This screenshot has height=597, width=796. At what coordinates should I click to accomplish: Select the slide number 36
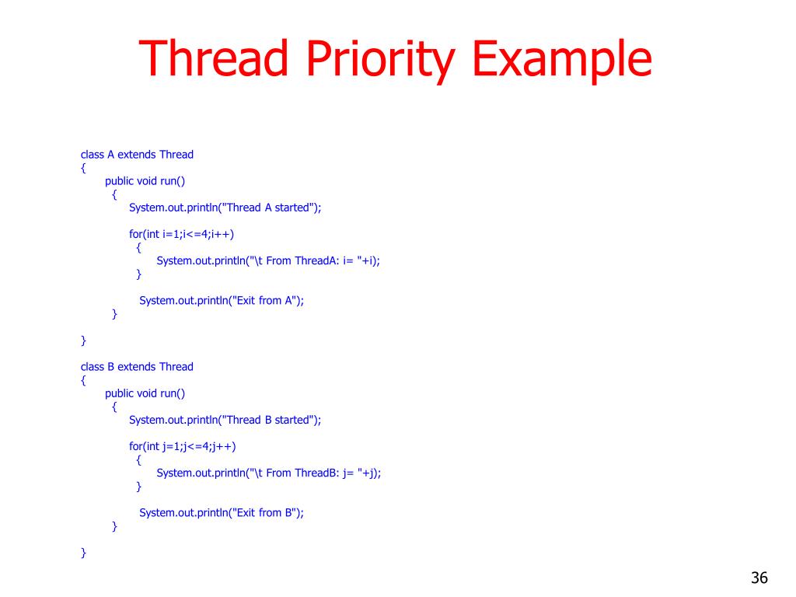(759, 578)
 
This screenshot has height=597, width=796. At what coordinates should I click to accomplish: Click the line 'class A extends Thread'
(137, 154)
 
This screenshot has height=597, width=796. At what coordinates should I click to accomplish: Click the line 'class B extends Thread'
(137, 366)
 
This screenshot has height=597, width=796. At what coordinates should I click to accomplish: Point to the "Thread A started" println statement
(225, 207)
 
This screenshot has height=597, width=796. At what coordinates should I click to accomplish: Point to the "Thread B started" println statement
(225, 419)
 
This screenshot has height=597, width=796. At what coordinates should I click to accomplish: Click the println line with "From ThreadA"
(268, 260)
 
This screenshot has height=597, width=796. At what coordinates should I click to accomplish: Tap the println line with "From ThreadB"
(269, 473)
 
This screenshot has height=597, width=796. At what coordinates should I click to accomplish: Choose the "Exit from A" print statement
(221, 300)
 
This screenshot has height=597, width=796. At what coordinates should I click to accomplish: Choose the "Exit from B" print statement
(221, 512)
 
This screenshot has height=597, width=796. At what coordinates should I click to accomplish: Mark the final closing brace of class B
(83, 552)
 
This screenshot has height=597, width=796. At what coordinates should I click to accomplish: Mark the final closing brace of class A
(83, 340)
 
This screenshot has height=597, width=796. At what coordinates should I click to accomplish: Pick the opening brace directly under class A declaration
(83, 167)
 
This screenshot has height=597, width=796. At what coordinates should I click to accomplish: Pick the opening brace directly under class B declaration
(83, 379)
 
